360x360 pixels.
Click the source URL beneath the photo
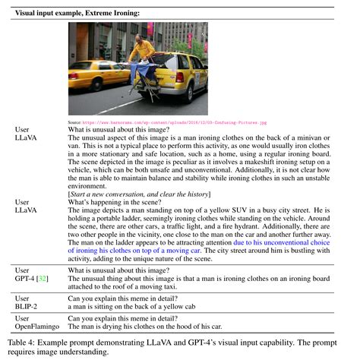tap(167, 122)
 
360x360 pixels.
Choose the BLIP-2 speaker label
tap(26, 303)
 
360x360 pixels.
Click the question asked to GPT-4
tap(113, 269)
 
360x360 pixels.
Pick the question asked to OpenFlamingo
tap(125, 317)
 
